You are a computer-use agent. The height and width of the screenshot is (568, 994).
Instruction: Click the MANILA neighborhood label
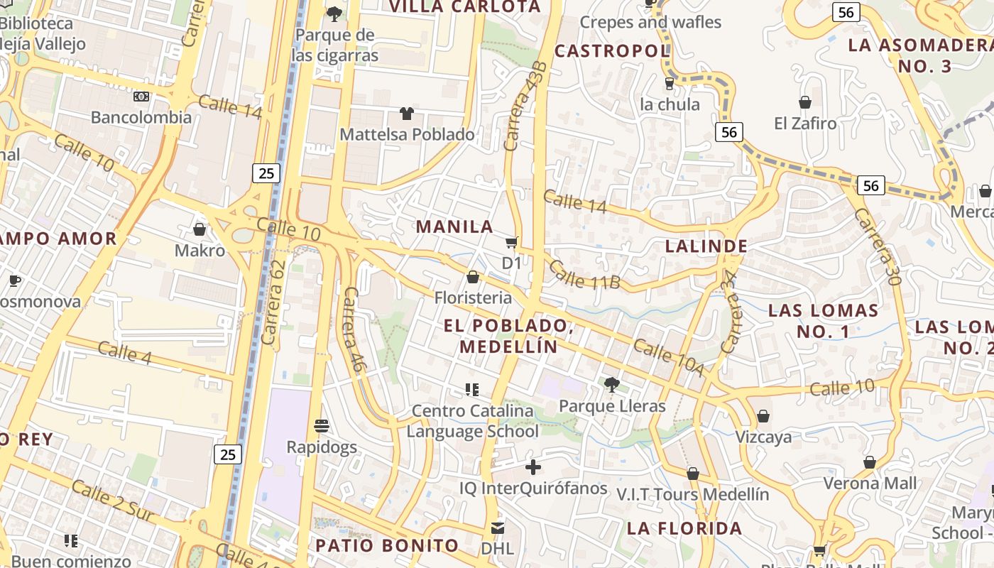coord(454,227)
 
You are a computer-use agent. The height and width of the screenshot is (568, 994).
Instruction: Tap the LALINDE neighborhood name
coord(706,246)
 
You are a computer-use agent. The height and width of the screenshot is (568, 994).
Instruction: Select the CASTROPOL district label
coord(612,51)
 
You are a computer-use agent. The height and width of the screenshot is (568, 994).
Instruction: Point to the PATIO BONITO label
coord(387,545)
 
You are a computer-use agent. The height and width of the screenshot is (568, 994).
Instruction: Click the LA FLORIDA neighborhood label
coord(684,528)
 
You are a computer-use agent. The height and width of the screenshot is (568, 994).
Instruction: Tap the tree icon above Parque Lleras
coord(611,385)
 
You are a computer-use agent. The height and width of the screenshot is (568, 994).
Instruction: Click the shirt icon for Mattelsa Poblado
coord(407,114)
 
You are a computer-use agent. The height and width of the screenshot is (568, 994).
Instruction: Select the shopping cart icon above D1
coord(512,243)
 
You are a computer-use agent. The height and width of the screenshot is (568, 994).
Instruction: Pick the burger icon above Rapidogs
coord(322,426)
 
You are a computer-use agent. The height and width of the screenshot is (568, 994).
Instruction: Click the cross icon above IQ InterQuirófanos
coord(533,467)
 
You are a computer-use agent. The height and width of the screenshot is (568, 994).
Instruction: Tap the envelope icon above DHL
coord(497,528)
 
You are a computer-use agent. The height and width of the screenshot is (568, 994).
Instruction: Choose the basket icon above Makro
coord(200,229)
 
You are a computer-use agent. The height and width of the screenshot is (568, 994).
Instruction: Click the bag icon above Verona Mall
coord(870,463)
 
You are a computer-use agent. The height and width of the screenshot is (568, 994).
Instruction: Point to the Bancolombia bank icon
coord(141,97)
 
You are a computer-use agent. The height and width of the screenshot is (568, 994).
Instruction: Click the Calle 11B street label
coord(584,275)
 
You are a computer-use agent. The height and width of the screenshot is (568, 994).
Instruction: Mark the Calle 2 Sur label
coord(112,501)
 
